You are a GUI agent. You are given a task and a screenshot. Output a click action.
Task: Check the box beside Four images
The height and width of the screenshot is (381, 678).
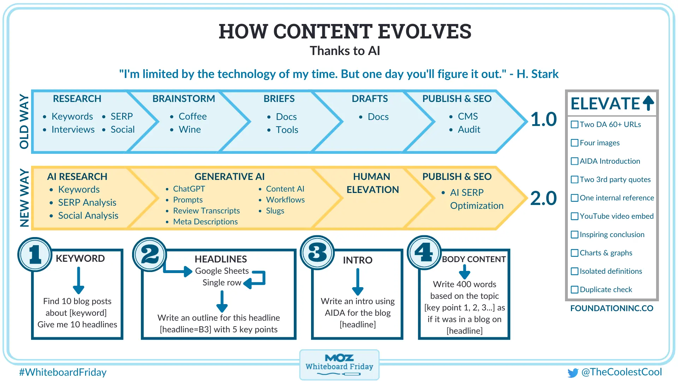(x=575, y=143)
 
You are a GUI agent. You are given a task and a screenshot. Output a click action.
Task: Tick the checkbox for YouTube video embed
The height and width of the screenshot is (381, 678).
(x=575, y=216)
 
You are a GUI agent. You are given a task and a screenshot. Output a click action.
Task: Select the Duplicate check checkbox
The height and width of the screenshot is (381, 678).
(x=575, y=290)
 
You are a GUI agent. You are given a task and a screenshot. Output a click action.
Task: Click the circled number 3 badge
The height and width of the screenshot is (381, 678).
(x=317, y=253)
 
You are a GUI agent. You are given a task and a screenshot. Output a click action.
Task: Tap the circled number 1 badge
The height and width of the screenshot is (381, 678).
(x=35, y=254)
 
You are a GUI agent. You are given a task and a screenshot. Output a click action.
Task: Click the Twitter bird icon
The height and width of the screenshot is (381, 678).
(x=573, y=373)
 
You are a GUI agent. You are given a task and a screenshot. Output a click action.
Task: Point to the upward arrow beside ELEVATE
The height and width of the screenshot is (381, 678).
(x=648, y=103)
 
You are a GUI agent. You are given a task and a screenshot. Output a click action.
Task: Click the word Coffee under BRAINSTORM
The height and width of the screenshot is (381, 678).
(x=192, y=116)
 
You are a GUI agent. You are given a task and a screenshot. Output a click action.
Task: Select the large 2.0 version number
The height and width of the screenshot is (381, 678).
(x=543, y=198)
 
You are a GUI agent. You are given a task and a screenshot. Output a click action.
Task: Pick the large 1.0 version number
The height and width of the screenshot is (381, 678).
(x=543, y=119)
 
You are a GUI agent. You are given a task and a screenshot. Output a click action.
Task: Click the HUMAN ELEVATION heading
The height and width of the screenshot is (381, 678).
(x=372, y=183)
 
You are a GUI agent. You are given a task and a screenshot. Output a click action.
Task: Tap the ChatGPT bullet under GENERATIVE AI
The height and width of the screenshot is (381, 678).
(x=189, y=189)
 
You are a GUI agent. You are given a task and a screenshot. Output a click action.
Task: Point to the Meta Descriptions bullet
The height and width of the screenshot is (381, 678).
(x=205, y=222)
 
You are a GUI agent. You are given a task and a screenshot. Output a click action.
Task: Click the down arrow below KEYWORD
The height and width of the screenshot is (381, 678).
(x=78, y=281)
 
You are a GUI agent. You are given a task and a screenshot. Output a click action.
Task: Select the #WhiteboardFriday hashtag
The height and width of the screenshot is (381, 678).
(x=63, y=372)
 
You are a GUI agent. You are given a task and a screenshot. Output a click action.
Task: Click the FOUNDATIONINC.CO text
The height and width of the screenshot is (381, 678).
(x=612, y=308)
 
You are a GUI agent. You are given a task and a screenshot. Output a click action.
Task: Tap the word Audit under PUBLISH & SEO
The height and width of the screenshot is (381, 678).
(x=469, y=130)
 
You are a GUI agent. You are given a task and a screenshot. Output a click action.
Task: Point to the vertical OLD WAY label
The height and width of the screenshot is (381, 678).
(x=24, y=121)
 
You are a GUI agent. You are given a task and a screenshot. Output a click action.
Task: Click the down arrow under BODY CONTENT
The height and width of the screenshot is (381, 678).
(x=464, y=272)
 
